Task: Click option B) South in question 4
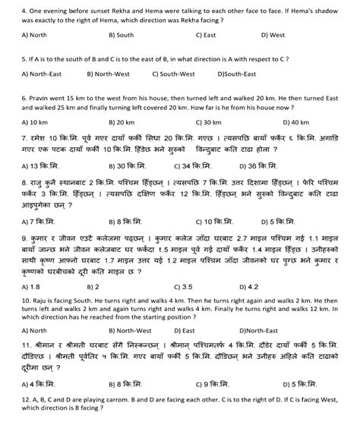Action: pos(122,34)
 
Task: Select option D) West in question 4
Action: pos(274,34)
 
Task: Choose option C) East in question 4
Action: pos(207,34)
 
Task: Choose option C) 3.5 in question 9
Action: pos(204,265)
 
